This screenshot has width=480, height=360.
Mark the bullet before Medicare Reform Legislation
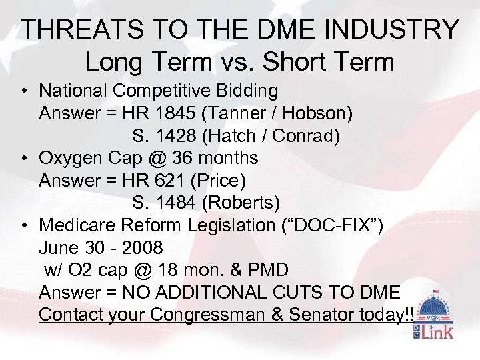click(23, 225)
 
